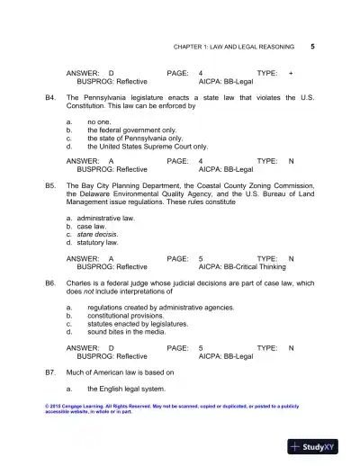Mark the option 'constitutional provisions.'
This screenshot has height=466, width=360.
click(x=130, y=316)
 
